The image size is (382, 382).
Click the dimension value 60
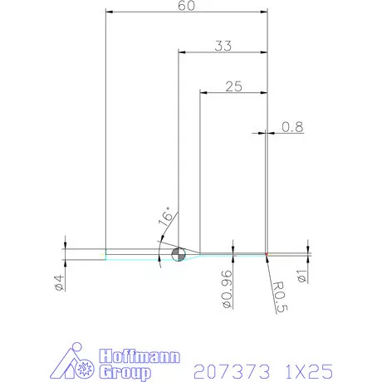187,6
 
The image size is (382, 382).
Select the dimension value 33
223,47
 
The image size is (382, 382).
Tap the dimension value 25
233,86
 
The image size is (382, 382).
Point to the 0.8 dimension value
292,127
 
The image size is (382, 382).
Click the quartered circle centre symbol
177,254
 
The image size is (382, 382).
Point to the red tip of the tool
267,253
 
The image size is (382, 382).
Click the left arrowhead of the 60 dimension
110,12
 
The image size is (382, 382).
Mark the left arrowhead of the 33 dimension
183,53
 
